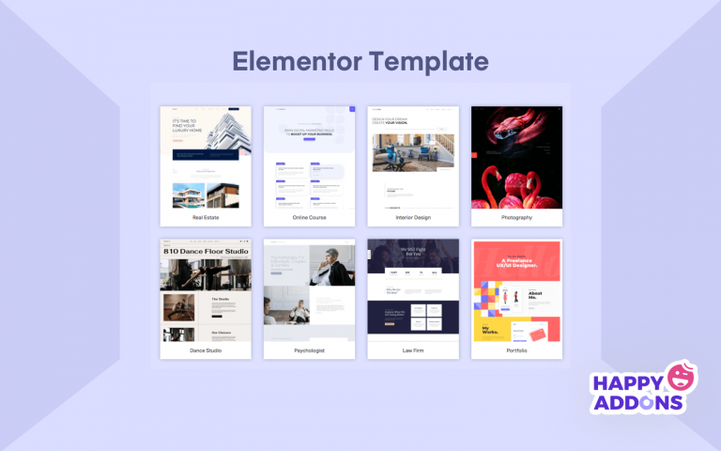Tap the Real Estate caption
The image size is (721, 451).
206,217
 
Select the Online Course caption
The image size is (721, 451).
309,217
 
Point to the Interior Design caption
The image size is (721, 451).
412,217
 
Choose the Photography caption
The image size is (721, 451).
516,217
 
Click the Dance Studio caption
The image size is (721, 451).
206,350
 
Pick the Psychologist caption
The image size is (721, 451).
309,350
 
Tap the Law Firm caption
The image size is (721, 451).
412,350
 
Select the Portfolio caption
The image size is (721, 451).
516,350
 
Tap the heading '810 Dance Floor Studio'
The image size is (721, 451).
206,252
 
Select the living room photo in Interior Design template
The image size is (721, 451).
412,152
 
